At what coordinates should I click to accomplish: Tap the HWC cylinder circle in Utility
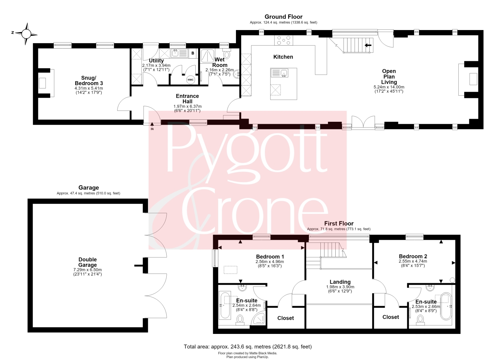[x=190, y=80]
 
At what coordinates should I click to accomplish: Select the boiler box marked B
[x=193, y=53]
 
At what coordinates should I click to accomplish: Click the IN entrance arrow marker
[x=152, y=126]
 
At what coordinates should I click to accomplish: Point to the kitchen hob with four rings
[x=284, y=40]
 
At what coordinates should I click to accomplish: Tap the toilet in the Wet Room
[x=227, y=53]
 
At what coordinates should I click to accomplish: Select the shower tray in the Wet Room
[x=207, y=56]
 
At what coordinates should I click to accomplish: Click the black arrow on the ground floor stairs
[x=368, y=45]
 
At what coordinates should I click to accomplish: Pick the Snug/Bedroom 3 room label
[x=89, y=81]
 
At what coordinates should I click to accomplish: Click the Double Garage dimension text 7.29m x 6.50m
[x=87, y=270]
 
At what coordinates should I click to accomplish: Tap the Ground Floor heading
[x=283, y=16]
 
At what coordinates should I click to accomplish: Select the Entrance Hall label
[x=187, y=99]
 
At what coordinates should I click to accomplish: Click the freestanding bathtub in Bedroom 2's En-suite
[x=446, y=306]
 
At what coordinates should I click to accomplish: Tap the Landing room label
[x=340, y=282]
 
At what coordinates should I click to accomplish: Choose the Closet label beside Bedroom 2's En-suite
[x=391, y=317]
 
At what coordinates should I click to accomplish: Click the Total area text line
[x=248, y=346]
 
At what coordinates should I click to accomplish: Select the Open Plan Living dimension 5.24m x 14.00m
[x=389, y=87]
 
